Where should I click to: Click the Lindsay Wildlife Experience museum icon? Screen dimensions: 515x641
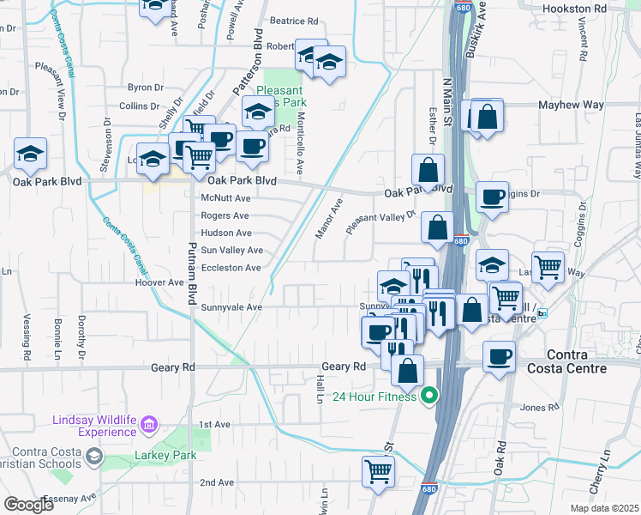[149, 425]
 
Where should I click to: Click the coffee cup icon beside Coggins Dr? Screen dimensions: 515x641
[492, 197]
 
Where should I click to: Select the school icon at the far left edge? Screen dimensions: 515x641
[31, 153]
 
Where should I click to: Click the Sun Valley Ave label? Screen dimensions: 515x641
[231, 250]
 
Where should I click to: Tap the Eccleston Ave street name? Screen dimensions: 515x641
[230, 268]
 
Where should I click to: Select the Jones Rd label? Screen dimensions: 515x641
[539, 408]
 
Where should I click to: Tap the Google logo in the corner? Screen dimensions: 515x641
[28, 505]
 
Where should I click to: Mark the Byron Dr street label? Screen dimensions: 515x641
[145, 88]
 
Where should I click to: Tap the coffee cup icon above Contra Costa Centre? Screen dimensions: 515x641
[499, 356]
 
